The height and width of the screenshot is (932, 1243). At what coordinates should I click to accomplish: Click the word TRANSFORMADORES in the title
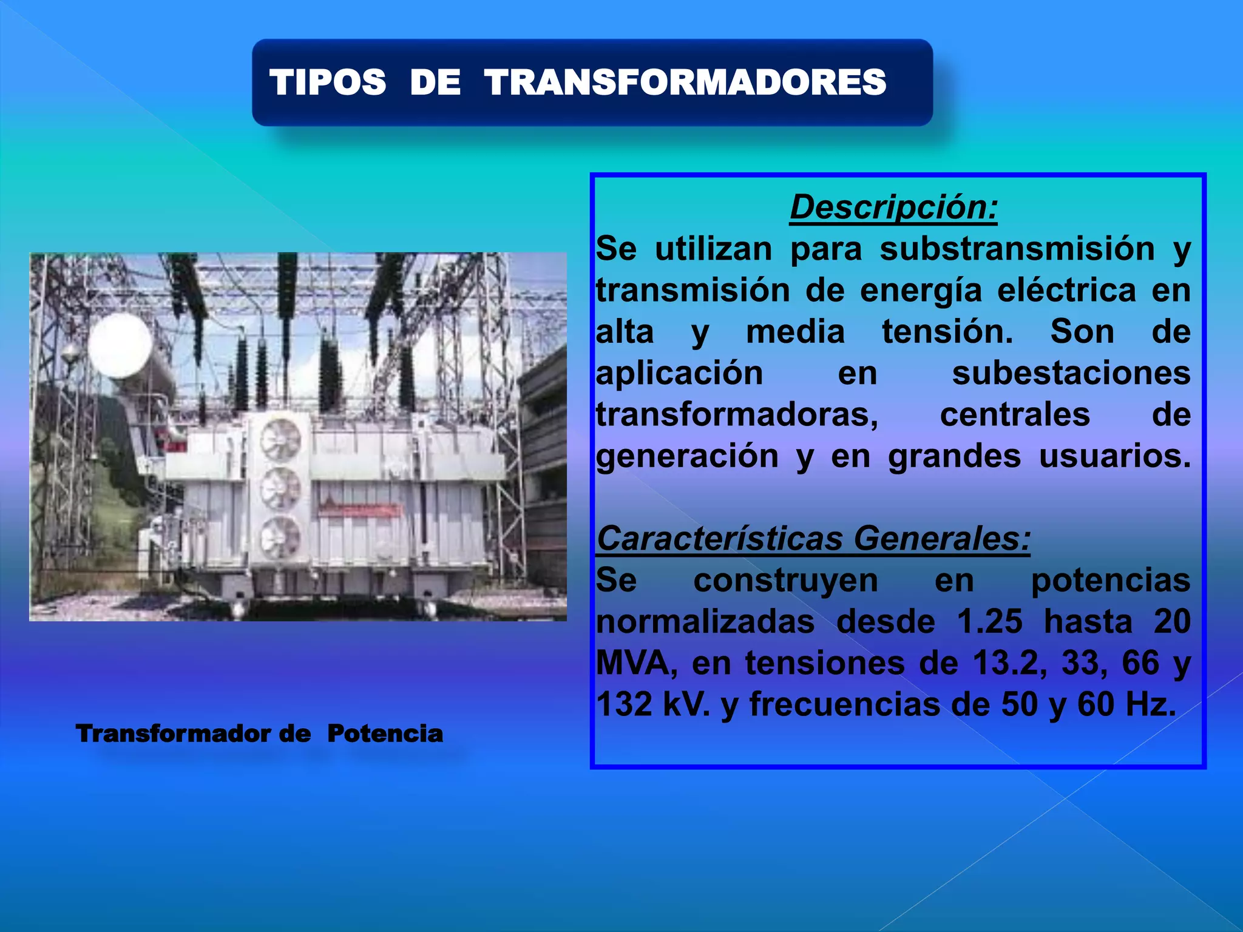pos(686,83)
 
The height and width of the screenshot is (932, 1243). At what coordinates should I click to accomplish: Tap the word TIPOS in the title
pos(328,83)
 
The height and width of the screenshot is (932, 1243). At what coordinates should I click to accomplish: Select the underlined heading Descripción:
pos(893,208)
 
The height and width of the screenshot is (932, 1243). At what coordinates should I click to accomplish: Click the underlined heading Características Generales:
pos(813,539)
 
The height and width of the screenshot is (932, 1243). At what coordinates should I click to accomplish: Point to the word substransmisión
pos(1017,249)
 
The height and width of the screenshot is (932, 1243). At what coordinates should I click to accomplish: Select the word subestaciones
pos(1071,373)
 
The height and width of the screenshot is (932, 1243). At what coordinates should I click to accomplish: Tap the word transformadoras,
pos(737,415)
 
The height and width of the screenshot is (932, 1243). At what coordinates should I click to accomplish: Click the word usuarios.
pos(1115,456)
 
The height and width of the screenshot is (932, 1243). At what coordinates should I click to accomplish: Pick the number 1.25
pos(989,622)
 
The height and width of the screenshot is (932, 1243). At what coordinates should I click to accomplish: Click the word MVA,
pos(637,663)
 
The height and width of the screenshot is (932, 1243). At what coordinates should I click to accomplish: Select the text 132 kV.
pos(652,705)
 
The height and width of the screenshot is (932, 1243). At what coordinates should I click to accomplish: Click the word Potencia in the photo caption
pos(385,734)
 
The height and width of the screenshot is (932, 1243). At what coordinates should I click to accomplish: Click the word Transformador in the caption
pos(174,734)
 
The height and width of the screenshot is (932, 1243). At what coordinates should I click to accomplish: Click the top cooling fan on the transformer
pos(281,439)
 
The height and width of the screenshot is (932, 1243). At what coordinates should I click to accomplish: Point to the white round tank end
pos(120,345)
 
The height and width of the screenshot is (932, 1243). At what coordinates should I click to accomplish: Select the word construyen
pos(785,581)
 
